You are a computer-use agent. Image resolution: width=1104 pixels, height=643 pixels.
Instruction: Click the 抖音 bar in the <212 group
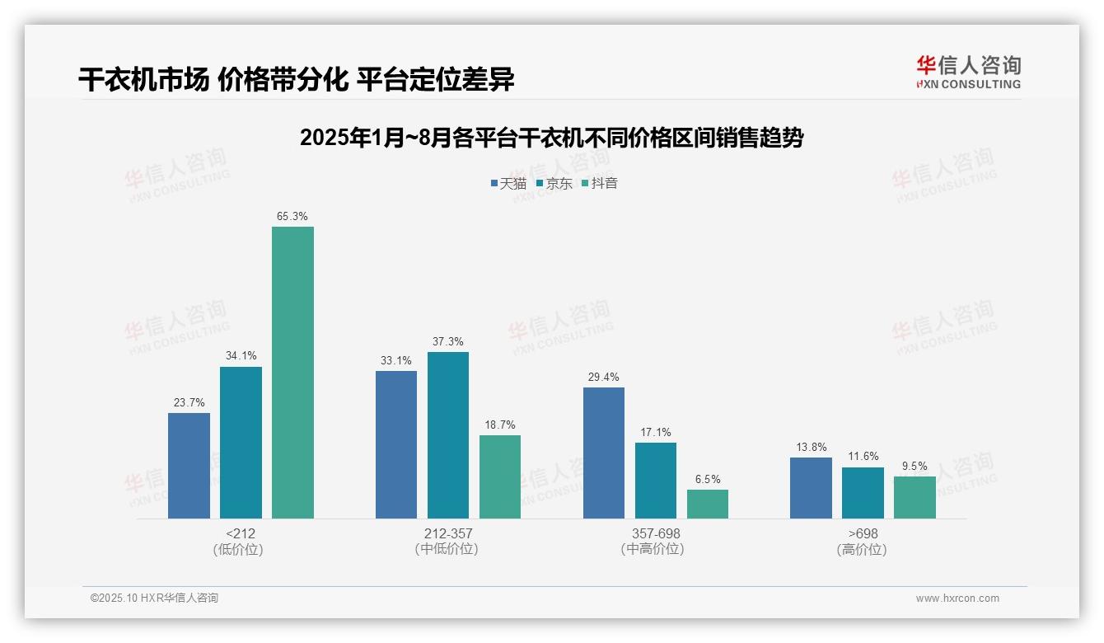coord(292,373)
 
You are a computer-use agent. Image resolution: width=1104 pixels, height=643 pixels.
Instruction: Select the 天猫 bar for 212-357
coord(396,444)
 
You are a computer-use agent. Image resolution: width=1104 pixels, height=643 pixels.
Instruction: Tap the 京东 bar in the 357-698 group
coord(656,481)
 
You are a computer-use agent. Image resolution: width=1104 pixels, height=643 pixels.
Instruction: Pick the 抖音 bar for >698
coord(915,497)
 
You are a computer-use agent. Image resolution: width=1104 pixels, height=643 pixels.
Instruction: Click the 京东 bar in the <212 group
coord(241,443)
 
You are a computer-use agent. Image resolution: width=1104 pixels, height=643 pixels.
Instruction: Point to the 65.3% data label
coord(292,217)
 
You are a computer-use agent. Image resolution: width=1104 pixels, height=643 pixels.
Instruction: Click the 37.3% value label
coord(448,341)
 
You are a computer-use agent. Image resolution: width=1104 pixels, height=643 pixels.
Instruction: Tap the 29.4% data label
coord(604,377)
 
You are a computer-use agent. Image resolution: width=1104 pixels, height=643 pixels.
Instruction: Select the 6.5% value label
coord(708,479)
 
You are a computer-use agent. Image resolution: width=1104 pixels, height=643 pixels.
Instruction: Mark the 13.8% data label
coord(811,447)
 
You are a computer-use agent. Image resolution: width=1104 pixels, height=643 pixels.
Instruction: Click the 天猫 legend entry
coord(508,183)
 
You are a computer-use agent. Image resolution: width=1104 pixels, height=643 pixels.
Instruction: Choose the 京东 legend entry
coord(554,183)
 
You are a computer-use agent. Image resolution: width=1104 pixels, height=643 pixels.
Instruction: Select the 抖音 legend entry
coord(600,183)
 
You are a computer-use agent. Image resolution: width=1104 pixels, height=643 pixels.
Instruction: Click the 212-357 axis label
coord(448,533)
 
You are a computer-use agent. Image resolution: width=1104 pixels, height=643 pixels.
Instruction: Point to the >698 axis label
coord(863,533)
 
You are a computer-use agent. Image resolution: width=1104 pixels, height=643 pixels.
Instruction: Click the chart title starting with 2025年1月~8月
coord(551,138)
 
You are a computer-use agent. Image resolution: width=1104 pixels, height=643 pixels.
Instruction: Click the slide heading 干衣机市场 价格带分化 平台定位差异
coord(297,79)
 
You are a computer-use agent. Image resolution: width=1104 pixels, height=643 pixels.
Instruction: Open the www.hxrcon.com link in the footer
coord(957,598)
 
